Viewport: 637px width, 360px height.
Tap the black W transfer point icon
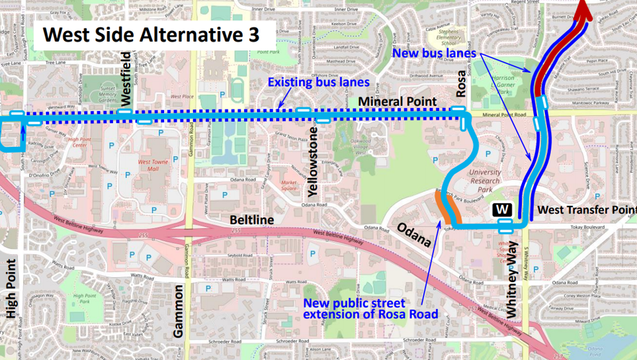point(503,210)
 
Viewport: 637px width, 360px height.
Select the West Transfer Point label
point(587,210)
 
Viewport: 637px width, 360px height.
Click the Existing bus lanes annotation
point(318,83)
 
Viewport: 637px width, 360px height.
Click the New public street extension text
point(370,308)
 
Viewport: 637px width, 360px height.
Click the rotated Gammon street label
point(179,310)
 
